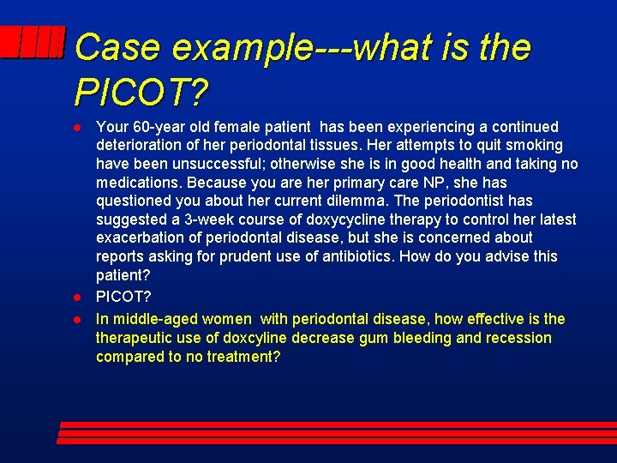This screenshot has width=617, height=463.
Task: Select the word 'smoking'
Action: click(535, 146)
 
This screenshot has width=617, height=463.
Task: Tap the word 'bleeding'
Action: click(425, 338)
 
